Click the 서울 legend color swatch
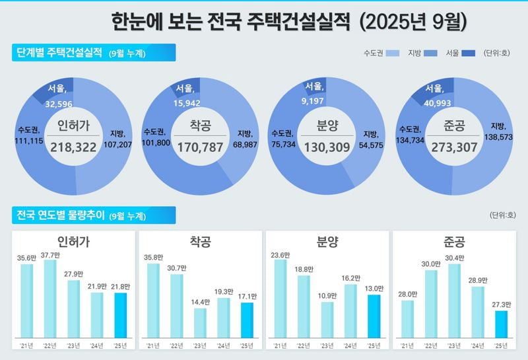469,53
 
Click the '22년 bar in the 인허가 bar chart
50,304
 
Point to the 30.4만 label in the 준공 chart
455,258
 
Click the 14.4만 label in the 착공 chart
200,302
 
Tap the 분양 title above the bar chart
328,242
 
